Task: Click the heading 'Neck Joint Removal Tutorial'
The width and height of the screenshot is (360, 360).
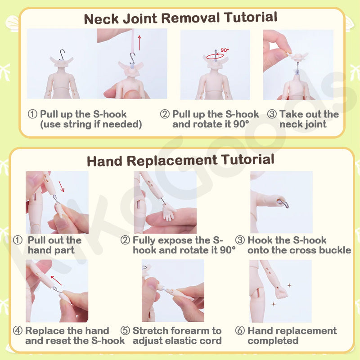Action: pos(180,18)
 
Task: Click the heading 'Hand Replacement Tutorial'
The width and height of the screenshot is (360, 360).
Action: pos(180,160)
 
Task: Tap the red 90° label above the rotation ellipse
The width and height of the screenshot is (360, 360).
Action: pos(225,50)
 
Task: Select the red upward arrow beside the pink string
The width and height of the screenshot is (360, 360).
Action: pos(139,43)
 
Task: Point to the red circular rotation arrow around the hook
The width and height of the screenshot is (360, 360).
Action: pos(215,56)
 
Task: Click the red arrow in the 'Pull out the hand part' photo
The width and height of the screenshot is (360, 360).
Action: pos(61,186)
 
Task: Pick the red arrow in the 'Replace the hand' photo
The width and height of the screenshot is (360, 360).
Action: pos(56,280)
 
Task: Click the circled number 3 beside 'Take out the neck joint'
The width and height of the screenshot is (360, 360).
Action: pos(272,114)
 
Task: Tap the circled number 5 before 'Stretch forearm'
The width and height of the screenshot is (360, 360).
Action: pos(126,331)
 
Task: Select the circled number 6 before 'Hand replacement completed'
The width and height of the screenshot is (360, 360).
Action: pos(240,331)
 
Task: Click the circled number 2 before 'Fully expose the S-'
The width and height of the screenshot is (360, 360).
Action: pos(125,240)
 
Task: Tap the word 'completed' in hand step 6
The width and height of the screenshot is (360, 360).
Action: pos(273,341)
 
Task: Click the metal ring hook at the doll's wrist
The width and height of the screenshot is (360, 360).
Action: pos(283,203)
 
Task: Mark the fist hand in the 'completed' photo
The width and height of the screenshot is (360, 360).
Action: pos(281,293)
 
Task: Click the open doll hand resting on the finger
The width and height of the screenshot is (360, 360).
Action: pos(168,211)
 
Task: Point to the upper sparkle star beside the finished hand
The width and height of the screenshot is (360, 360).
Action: pos(289,285)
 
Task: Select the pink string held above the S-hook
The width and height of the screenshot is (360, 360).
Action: pos(133,41)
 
